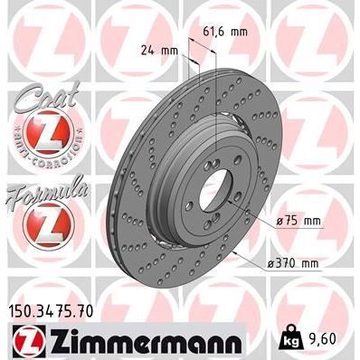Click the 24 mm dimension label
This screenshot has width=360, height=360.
[156, 52]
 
